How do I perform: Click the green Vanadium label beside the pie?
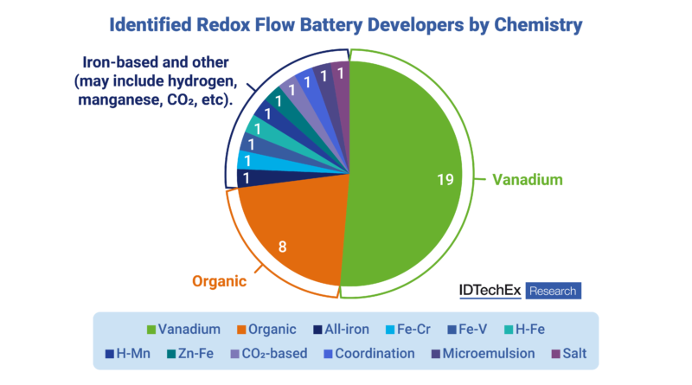(527, 180)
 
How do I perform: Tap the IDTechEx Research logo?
(519, 291)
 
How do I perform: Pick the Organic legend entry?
(265, 330)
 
